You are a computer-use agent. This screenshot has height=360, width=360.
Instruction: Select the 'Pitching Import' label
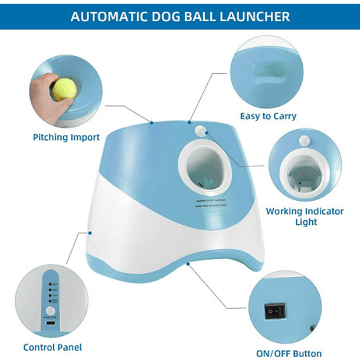point(66,138)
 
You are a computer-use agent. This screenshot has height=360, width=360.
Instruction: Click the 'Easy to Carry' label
point(269,116)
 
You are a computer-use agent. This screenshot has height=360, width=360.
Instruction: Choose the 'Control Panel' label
point(53,347)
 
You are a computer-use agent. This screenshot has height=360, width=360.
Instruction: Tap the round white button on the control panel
point(50,311)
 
